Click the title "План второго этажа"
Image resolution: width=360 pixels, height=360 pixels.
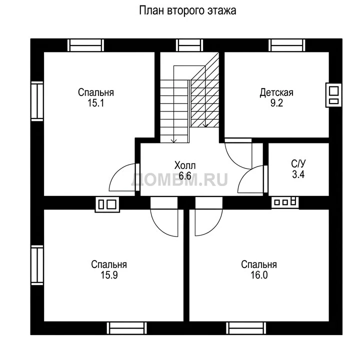coord(187,10)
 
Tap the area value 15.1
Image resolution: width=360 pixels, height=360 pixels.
coord(95,103)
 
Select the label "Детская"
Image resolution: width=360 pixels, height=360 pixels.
coord(276,92)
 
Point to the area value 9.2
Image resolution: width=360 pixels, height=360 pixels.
coord(276,103)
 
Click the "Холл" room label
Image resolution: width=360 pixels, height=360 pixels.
coord(185,165)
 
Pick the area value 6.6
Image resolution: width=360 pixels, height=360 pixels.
coord(185,176)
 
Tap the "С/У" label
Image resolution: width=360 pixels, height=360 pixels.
coord(298,164)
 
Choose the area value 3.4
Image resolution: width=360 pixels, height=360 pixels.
coord(298,174)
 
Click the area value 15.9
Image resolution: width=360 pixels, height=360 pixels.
coord(109,275)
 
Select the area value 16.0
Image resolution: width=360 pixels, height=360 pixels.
coord(259,275)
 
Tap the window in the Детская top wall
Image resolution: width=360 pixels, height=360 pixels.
coord(287,45)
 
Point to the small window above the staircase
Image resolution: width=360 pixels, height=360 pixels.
coord(189,45)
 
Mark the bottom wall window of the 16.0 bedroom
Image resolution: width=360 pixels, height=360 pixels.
coord(246,328)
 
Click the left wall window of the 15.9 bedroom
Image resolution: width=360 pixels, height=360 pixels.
coord(37,265)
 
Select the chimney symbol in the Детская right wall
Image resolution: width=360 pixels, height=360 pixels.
coord(333,95)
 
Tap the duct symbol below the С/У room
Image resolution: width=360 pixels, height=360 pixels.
coord(285,202)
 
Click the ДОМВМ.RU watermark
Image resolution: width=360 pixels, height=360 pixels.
coord(179,179)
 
